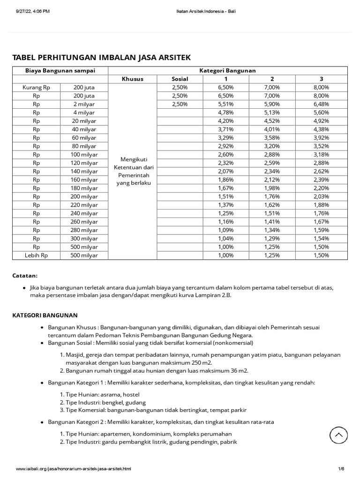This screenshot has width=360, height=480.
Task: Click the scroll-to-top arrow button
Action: tap(338, 435)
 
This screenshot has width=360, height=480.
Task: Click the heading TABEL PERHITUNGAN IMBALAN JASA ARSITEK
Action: tap(101, 58)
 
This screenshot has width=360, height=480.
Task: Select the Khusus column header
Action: tap(132, 79)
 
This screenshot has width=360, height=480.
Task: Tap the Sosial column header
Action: tap(180, 79)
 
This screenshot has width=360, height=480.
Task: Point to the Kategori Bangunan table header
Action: tap(227, 70)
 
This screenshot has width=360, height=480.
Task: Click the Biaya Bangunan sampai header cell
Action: tap(60, 70)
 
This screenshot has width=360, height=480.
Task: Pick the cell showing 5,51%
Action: tap(225, 104)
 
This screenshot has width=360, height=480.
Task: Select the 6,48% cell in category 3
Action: tap(321, 104)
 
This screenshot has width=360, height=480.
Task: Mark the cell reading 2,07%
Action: tap(225, 171)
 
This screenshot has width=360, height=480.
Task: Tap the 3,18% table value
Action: tap(321, 154)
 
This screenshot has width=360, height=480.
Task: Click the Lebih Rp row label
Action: tap(37, 255)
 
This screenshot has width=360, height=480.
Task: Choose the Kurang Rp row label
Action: tap(37, 87)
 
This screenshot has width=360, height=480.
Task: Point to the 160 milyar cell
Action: tap(85, 180)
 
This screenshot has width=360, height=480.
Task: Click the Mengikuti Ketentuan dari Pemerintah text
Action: tap(132, 171)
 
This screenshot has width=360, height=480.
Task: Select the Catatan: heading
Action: tap(25, 276)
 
